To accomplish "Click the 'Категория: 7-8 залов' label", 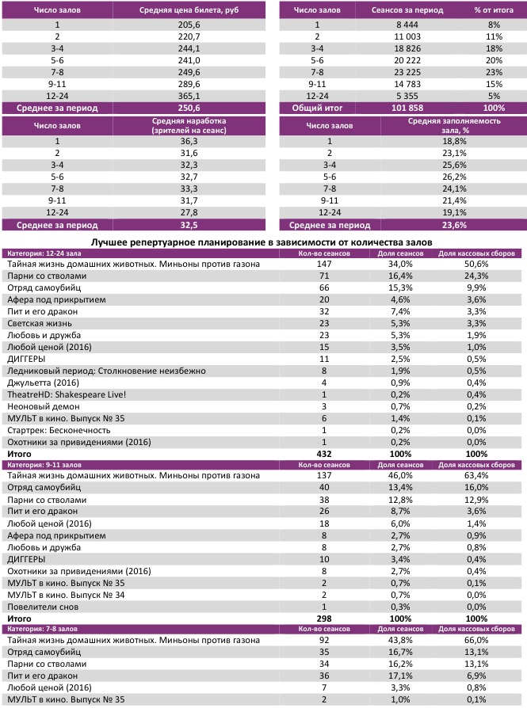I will point(46,627).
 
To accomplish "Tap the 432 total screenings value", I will point(323,454).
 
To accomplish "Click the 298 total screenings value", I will point(323,617).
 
